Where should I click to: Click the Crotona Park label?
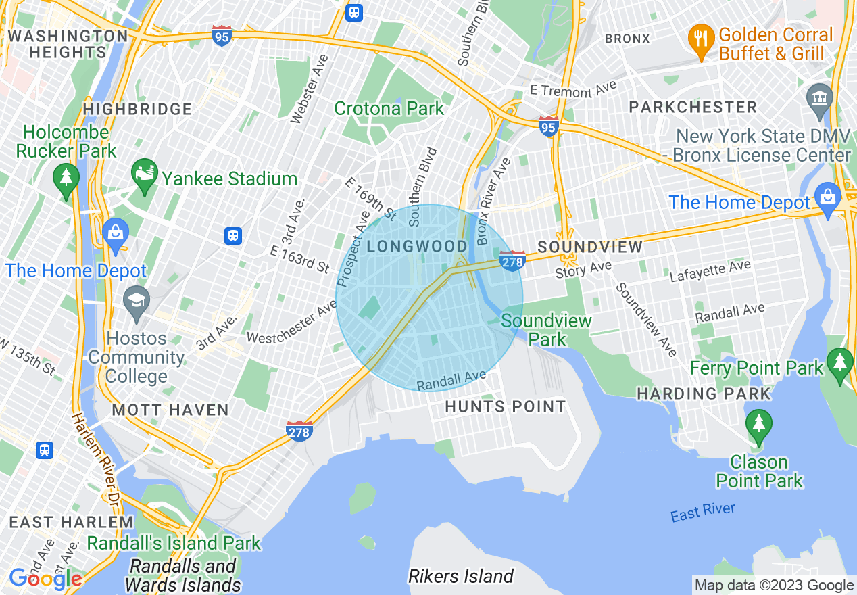click(389, 108)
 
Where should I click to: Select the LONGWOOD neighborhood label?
click(417, 246)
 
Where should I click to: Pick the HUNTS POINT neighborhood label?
click(505, 406)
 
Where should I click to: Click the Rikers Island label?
click(461, 576)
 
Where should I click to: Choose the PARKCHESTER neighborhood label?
click(693, 107)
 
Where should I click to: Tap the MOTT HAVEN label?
click(170, 410)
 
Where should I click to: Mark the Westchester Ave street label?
click(292, 323)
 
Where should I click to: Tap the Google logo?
click(45, 579)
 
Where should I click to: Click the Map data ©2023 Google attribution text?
click(774, 586)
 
